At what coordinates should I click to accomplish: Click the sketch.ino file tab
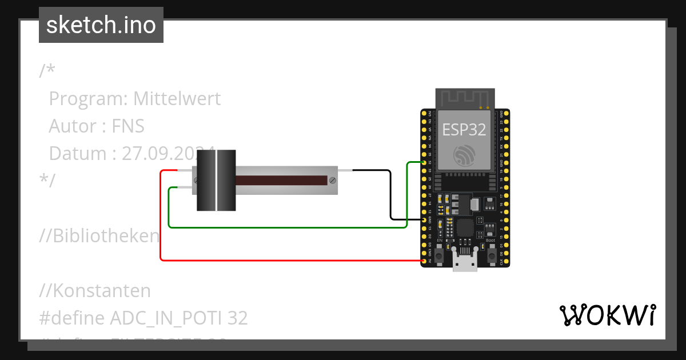[x=101, y=25]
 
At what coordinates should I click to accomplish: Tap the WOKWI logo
[x=607, y=315]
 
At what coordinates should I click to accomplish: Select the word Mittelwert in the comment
[x=177, y=99]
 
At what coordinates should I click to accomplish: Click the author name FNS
[x=128, y=126]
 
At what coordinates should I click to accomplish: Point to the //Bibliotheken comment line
[x=99, y=236]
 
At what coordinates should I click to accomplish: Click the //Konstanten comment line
[x=95, y=291]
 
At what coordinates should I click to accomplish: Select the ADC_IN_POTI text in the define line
[x=166, y=318]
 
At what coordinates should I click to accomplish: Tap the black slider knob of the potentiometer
[x=216, y=180]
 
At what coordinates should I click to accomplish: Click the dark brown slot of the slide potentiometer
[x=280, y=181]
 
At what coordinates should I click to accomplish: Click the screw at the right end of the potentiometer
[x=332, y=181]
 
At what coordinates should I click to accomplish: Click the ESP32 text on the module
[x=464, y=130]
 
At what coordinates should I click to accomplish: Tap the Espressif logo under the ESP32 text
[x=464, y=155]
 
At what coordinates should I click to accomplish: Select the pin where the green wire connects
[x=424, y=162]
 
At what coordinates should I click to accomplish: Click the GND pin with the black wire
[x=424, y=219]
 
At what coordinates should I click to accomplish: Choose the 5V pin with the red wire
[x=424, y=261]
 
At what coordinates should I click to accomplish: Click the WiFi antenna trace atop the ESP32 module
[x=464, y=98]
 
